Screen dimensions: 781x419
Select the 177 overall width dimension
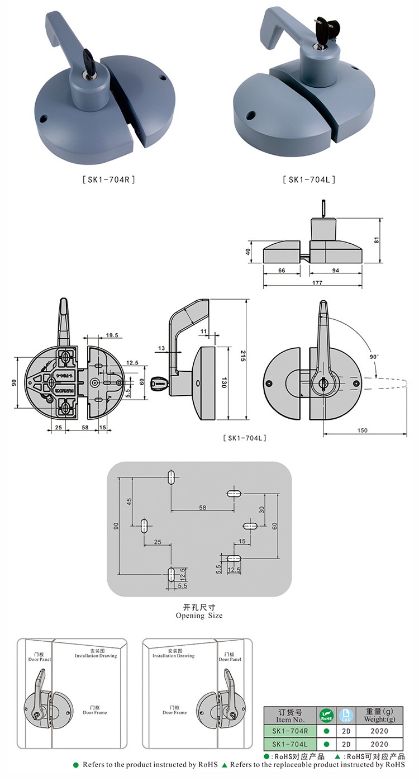tap(317, 283)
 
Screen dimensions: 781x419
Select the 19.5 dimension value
tap(111, 335)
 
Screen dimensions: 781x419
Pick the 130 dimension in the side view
tap(224, 383)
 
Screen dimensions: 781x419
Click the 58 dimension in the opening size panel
tap(202, 507)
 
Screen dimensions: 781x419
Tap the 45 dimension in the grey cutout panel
tap(129, 501)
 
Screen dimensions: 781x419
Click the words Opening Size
tap(199, 616)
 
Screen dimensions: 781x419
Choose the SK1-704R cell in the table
tap(289, 730)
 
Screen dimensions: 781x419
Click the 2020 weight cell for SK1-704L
tap(379, 744)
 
